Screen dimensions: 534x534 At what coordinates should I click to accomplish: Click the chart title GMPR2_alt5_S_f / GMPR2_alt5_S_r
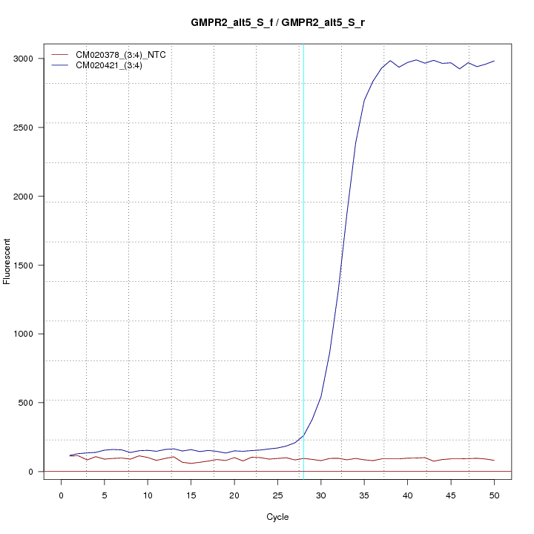pos(277,23)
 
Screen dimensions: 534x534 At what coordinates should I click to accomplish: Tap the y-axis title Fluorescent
pos(7,261)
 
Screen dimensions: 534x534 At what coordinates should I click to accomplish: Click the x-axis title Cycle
pos(277,517)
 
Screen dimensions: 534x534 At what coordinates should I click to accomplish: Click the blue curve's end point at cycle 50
pos(494,61)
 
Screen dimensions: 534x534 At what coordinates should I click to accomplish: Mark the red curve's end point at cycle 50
pos(494,461)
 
